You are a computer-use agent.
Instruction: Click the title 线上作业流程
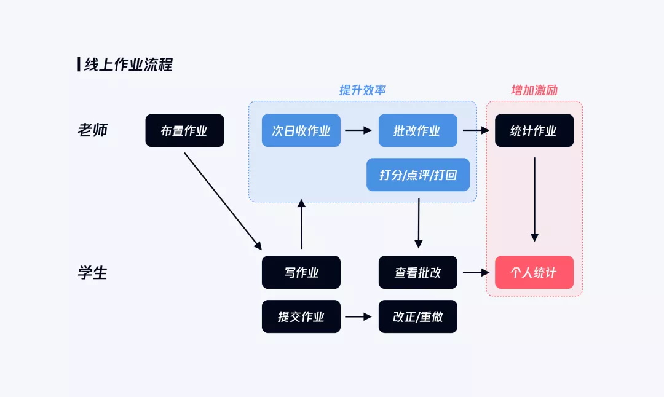pyautogui.click(x=128, y=65)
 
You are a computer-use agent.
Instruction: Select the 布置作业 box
pyautogui.click(x=184, y=131)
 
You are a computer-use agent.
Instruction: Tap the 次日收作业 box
pyautogui.click(x=301, y=131)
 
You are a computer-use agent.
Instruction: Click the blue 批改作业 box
pyautogui.click(x=417, y=131)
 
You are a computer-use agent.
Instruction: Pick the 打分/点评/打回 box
pyautogui.click(x=417, y=175)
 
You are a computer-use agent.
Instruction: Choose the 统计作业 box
pyautogui.click(x=534, y=131)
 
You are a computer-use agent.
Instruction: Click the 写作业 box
pyautogui.click(x=301, y=273)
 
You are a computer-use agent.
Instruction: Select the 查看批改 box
pyautogui.click(x=417, y=273)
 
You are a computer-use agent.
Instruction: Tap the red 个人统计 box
pyautogui.click(x=534, y=273)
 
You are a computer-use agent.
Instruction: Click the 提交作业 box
pyautogui.click(x=301, y=317)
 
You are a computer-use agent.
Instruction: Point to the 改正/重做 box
pyautogui.click(x=417, y=317)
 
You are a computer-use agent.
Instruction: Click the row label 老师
pyautogui.click(x=93, y=131)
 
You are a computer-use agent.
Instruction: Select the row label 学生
pyautogui.click(x=93, y=273)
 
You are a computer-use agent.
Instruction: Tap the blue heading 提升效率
pyautogui.click(x=362, y=90)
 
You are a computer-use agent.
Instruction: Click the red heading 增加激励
pyautogui.click(x=534, y=90)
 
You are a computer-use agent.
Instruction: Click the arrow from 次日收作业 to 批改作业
pyautogui.click(x=358, y=130)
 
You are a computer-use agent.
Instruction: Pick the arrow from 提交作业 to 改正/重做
pyautogui.click(x=358, y=317)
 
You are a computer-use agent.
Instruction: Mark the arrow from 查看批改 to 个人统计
pyautogui.click(x=475, y=272)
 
